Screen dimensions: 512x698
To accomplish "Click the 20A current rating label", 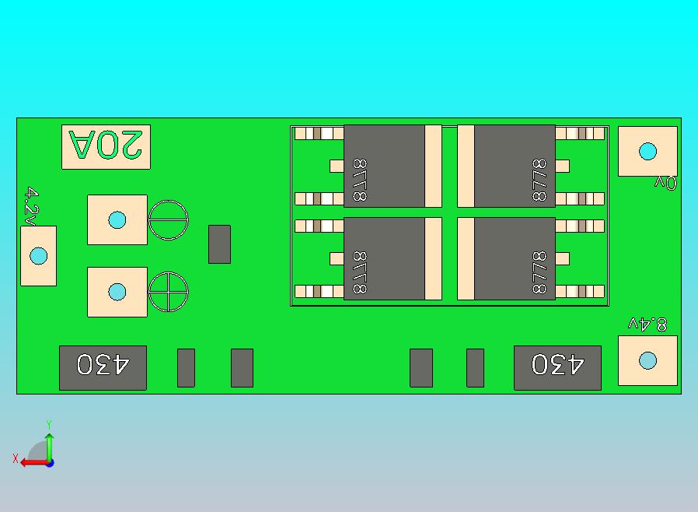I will (x=106, y=146).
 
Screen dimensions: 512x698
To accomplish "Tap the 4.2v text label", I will (x=31, y=205).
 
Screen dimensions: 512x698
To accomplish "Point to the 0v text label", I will (x=665, y=183).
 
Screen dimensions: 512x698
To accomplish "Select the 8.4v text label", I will (x=647, y=324).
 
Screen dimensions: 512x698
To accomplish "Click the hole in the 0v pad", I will (x=647, y=151).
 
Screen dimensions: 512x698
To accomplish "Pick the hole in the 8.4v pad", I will (x=647, y=360).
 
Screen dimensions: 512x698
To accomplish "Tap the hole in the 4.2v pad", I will (x=38, y=256).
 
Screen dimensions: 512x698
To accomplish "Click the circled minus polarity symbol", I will (x=169, y=220).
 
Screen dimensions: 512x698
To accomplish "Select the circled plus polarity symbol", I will (x=169, y=293).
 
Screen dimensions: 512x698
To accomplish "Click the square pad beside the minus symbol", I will (x=117, y=219).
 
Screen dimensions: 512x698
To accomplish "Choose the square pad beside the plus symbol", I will (x=117, y=292).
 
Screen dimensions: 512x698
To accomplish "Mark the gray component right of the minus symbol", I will (x=219, y=244).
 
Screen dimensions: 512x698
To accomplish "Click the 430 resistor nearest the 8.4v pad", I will (x=557, y=367).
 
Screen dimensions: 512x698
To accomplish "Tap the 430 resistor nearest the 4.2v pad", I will (x=103, y=367).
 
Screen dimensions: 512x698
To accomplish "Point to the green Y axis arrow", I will (x=49, y=444).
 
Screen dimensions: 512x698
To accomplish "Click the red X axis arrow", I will (x=31, y=462).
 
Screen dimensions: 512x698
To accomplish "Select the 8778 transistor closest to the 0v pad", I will (x=515, y=166).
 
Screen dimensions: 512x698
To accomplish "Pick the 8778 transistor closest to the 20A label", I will (x=384, y=166).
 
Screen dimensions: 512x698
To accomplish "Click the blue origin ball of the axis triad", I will (x=49, y=462).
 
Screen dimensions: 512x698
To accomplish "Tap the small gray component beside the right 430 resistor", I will (x=475, y=367).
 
